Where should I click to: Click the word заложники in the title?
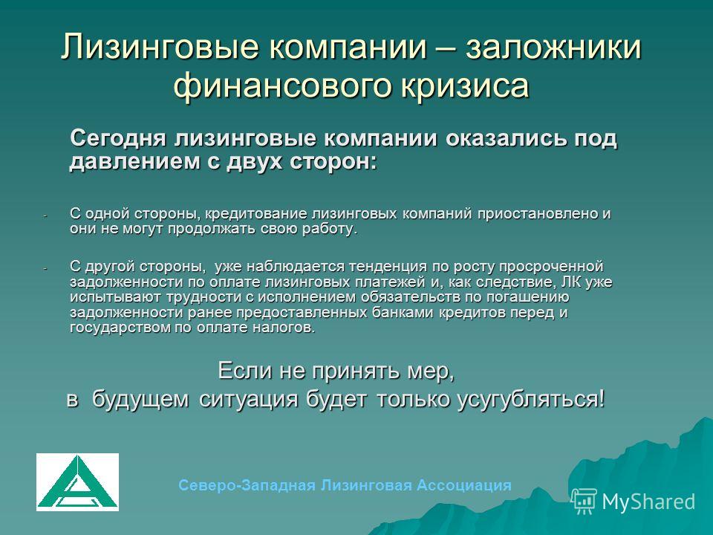coord(553,47)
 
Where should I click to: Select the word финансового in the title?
coord(282,85)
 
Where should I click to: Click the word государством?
coord(120,328)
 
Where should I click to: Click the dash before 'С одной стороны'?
coord(45,215)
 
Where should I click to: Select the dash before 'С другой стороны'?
coord(45,268)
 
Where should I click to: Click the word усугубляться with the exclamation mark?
coord(530,400)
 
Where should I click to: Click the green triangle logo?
coord(77,481)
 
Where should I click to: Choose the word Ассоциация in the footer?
coord(463,485)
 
